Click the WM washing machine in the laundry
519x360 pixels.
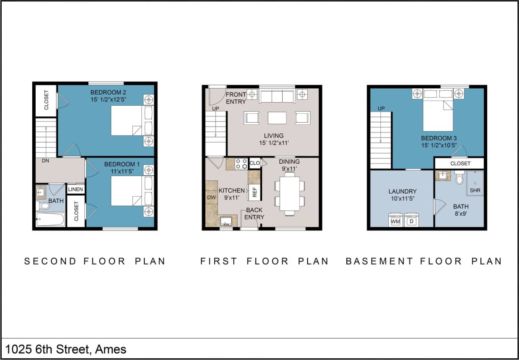396,220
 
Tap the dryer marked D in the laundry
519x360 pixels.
411,220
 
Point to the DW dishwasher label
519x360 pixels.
211,197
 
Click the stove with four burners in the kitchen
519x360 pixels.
241,164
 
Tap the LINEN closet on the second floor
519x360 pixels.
76,189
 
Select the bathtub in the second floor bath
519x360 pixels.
50,219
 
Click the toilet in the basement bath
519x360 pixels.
459,178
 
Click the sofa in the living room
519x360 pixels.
277,96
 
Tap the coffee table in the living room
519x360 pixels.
277,117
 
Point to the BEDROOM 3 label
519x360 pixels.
436,138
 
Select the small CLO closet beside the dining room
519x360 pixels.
255,163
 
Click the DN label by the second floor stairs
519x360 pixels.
45,161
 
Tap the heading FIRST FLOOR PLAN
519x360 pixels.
264,261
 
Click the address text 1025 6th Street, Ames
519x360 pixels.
66,349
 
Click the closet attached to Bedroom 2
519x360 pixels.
46,101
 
